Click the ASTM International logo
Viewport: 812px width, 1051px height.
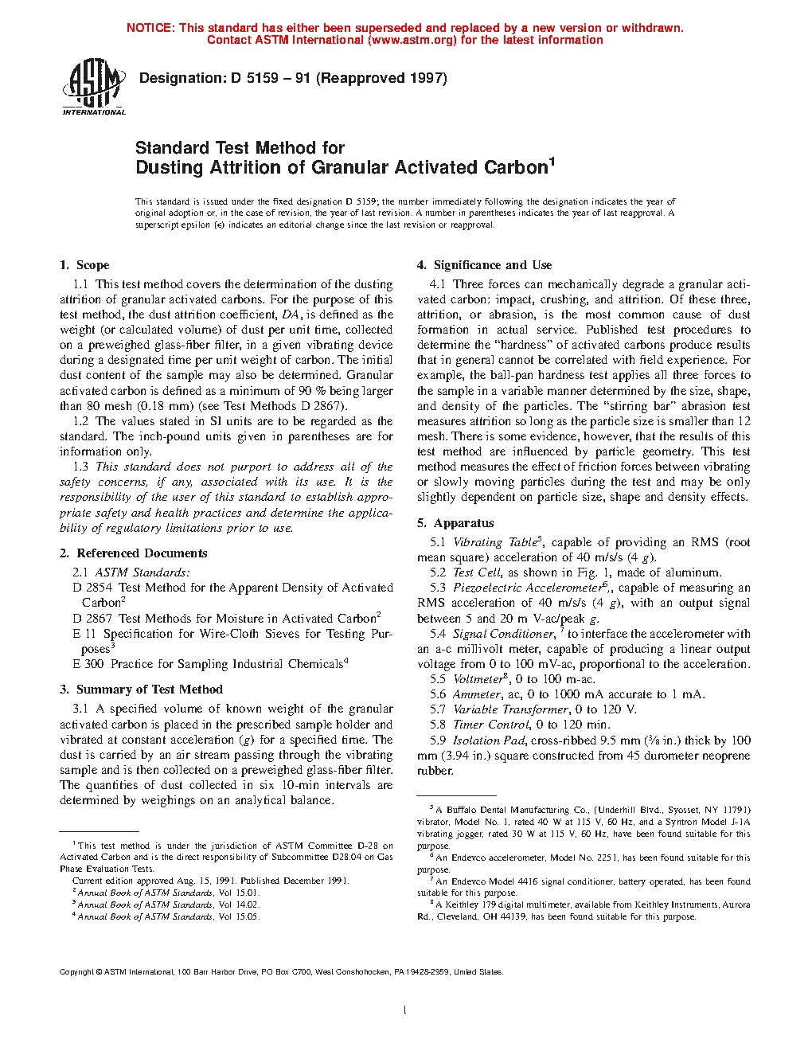[x=94, y=87]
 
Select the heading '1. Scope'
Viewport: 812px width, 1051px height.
[x=84, y=265]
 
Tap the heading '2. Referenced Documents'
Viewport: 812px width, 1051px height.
[x=133, y=553]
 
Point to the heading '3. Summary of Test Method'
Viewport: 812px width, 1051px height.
[x=141, y=690]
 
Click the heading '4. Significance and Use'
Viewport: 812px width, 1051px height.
[x=484, y=265]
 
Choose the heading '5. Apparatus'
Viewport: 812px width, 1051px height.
[x=455, y=523]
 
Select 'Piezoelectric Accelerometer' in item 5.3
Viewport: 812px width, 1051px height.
[x=527, y=588]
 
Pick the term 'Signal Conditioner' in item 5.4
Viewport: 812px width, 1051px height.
[x=503, y=634]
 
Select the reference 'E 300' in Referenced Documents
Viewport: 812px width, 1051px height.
[x=88, y=664]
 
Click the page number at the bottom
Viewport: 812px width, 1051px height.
[x=405, y=1010]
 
